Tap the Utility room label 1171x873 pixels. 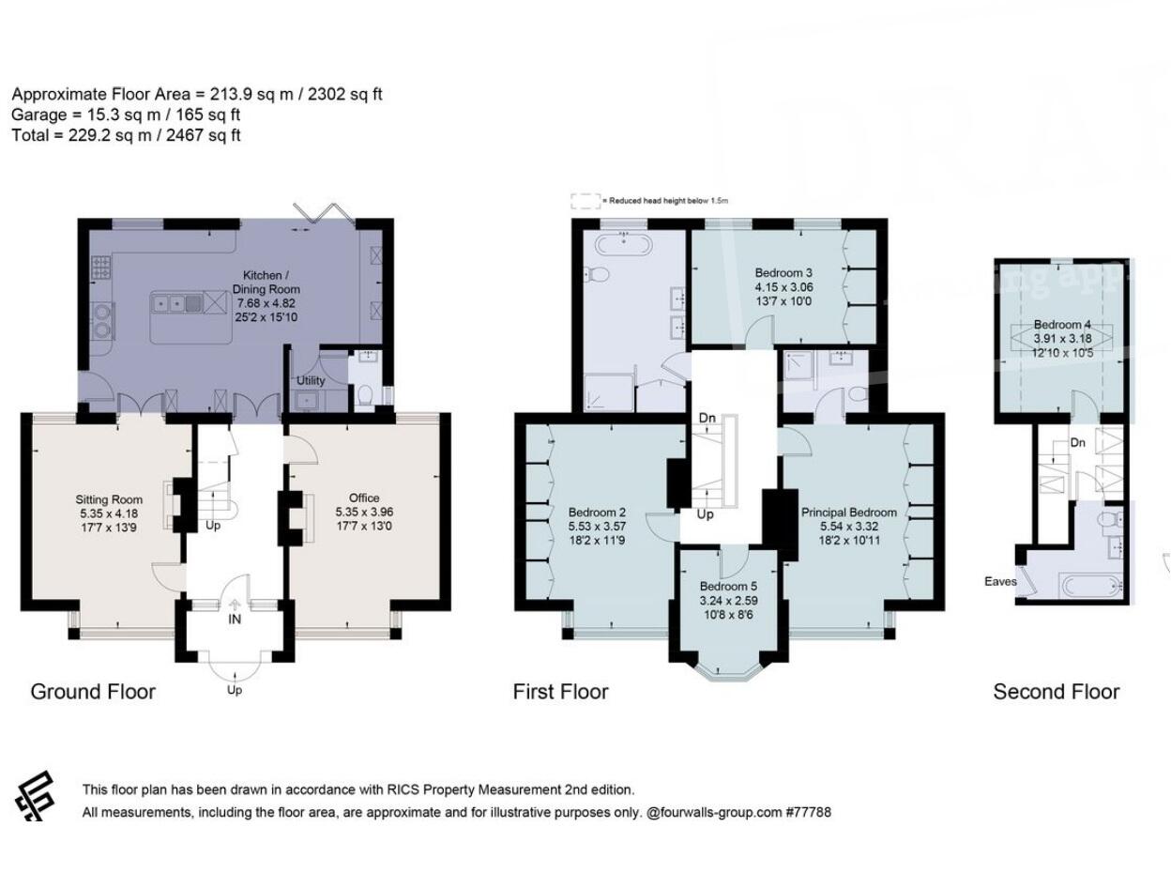(x=311, y=381)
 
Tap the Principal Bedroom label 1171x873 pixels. (x=848, y=513)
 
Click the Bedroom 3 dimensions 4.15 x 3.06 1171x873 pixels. (x=783, y=287)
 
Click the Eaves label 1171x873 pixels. (x=1000, y=581)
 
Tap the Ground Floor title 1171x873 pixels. (x=93, y=692)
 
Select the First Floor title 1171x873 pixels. (x=560, y=692)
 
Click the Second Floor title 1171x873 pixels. (x=1056, y=692)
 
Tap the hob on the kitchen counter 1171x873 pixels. (x=100, y=268)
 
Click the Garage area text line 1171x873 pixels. (x=126, y=115)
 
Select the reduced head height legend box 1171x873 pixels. (x=585, y=201)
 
